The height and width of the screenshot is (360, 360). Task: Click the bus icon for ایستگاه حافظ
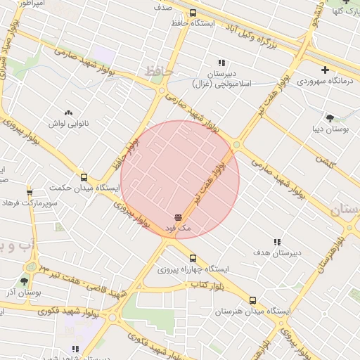[193, 13]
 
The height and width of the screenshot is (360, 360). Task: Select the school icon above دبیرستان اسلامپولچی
[221, 63]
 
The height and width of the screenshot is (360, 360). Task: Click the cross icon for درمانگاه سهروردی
[324, 70]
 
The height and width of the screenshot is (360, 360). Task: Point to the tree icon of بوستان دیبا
[330, 117]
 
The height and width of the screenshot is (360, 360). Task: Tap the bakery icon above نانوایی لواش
[68, 112]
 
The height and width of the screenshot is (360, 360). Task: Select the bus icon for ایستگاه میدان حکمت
[84, 177]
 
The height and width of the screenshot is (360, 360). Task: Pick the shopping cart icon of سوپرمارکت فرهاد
[29, 192]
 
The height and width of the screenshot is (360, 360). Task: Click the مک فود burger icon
[178, 217]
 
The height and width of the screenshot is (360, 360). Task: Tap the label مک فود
[178, 229]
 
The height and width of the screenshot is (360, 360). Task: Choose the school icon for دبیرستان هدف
[277, 241]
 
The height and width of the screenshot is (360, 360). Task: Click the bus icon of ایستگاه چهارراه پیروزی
[193, 258]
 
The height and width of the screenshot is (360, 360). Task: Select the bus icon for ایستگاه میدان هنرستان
[252, 300]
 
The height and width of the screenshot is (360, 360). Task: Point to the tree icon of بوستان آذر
[25, 281]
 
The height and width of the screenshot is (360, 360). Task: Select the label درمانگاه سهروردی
[323, 81]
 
